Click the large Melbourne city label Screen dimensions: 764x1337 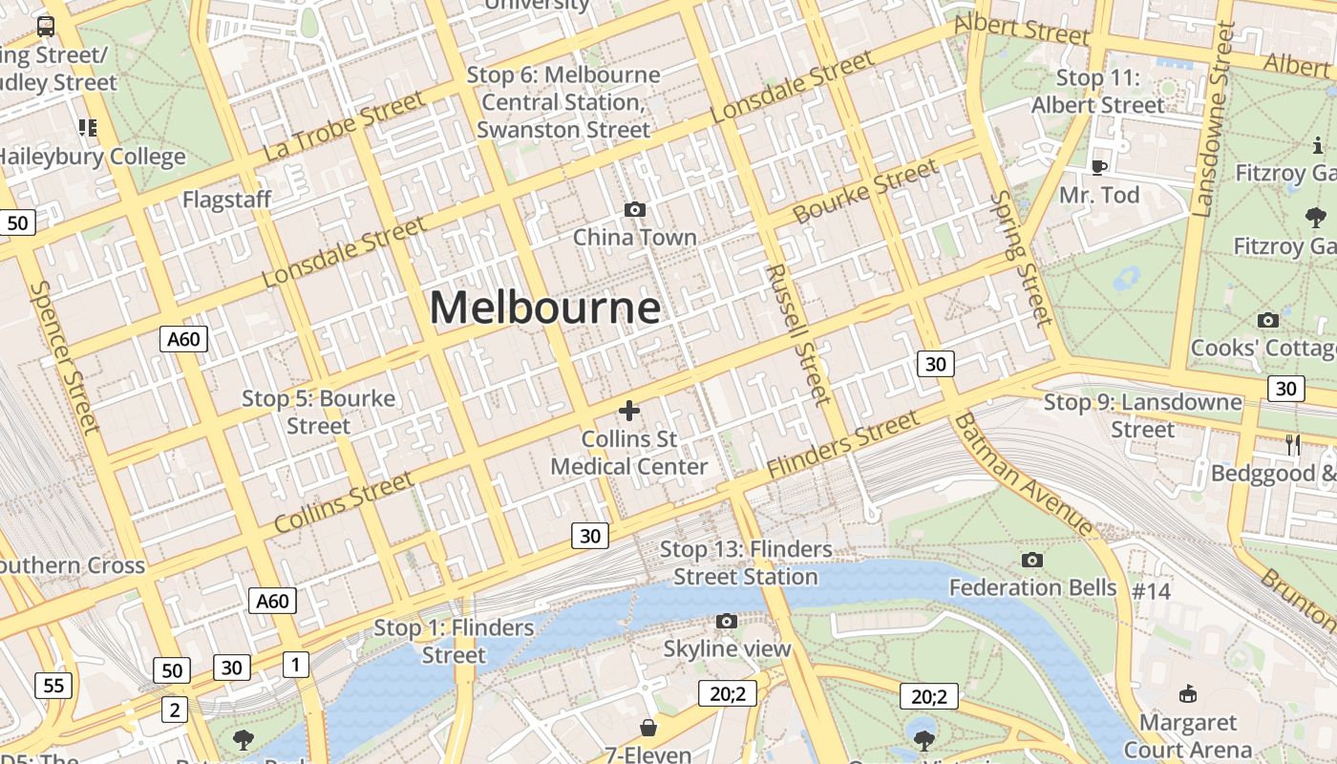(x=544, y=308)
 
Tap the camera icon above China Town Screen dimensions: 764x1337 (x=634, y=209)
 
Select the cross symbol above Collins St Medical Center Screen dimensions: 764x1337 (x=628, y=411)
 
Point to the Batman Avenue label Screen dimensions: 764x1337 (x=1023, y=474)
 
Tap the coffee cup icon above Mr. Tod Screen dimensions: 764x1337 (x=1098, y=167)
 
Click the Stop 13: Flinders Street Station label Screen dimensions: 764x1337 (x=746, y=562)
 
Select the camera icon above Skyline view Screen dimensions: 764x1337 (x=727, y=622)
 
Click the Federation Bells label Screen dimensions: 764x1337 (x=1032, y=586)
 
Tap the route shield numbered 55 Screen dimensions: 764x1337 (x=53, y=685)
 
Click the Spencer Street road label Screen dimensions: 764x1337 (x=64, y=355)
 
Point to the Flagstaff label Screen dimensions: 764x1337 (x=227, y=200)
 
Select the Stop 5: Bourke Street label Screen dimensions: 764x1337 (x=318, y=412)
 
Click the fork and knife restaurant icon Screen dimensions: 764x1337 (x=1293, y=443)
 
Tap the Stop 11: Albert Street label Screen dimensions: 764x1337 (x=1098, y=92)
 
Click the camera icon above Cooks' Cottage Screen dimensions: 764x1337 (x=1268, y=320)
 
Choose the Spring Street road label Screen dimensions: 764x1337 (x=1021, y=258)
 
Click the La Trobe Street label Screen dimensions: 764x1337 (x=343, y=125)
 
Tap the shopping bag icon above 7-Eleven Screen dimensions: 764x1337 (x=648, y=729)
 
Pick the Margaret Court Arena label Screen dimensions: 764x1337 (x=1187, y=735)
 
